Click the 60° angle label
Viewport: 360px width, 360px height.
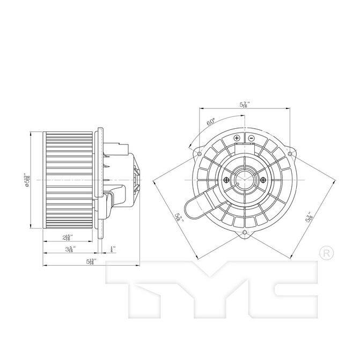(211, 122)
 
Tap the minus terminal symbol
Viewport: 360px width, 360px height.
(251, 138)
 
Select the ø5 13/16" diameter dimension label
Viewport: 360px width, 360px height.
(26, 179)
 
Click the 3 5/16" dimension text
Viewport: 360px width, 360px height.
(70, 249)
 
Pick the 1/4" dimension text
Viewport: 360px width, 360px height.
(112, 249)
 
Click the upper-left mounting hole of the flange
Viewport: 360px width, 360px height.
(200, 155)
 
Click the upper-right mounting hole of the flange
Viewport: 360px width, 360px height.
(290, 155)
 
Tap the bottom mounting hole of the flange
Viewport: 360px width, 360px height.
(245, 233)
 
